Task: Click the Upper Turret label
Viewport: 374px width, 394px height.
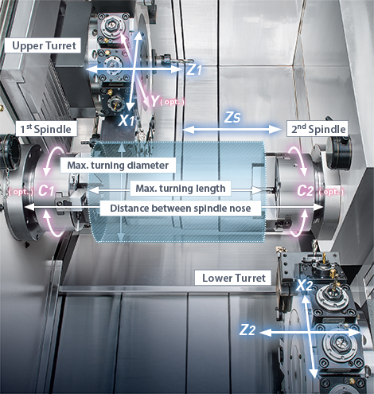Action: click(43, 45)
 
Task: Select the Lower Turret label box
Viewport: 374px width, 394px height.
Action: click(233, 278)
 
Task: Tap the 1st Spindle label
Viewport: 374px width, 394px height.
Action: click(46, 129)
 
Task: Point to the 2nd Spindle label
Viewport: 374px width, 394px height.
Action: click(318, 129)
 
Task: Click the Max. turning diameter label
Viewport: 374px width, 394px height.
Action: click(118, 166)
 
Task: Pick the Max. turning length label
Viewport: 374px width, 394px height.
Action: click(181, 189)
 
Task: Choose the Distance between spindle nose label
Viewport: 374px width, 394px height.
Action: click(181, 209)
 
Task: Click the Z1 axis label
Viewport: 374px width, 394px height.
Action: click(194, 69)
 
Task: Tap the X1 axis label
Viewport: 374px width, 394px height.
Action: click(127, 121)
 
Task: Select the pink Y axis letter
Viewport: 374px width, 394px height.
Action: click(155, 101)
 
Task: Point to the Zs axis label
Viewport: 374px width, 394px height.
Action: click(232, 117)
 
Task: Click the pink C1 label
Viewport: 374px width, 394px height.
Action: click(46, 190)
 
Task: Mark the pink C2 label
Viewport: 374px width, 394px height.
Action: click(306, 190)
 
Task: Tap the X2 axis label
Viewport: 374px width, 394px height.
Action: click(304, 286)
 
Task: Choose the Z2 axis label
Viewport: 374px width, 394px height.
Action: click(247, 330)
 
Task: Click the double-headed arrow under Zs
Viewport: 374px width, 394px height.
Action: click(232, 130)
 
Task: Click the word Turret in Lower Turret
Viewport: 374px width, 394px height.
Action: click(250, 278)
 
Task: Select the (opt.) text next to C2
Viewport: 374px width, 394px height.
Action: click(331, 192)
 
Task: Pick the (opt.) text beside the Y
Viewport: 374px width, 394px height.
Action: click(173, 102)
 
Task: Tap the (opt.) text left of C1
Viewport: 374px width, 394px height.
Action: click(21, 192)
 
